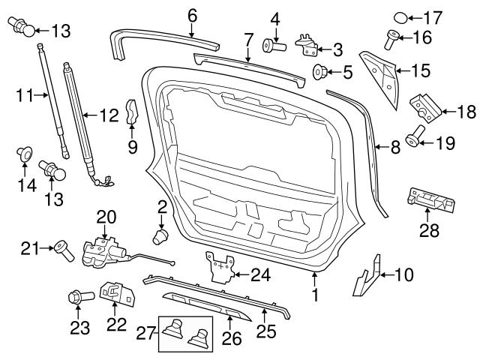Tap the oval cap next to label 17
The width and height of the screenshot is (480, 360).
401,17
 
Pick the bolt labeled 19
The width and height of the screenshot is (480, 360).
415,139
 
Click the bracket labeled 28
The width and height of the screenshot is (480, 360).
428,201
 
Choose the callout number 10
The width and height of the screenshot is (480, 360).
403,275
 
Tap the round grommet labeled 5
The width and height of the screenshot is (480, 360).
319,73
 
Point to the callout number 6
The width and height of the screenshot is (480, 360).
192,14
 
